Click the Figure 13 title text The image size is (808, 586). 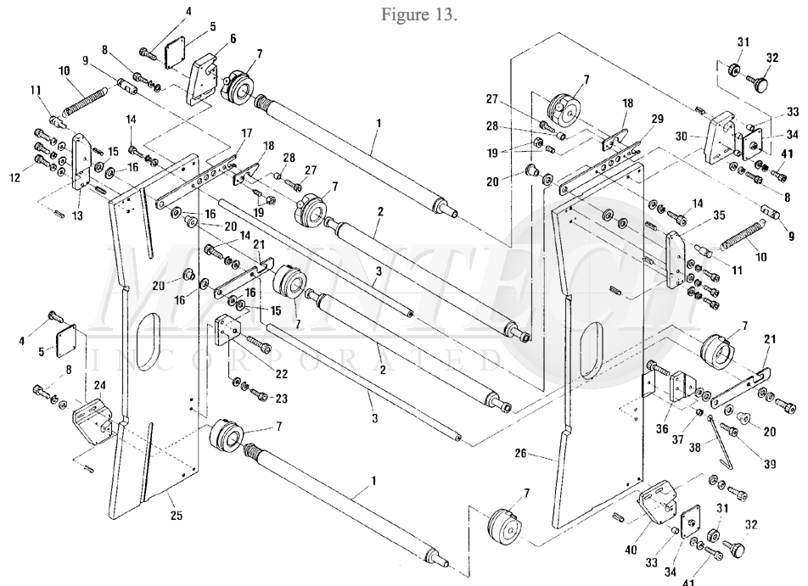tap(419, 14)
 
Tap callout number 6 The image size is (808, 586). tap(233, 39)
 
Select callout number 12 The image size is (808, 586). tap(14, 177)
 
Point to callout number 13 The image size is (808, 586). tap(77, 215)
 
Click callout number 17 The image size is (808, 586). tap(246, 133)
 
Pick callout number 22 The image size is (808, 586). tap(282, 374)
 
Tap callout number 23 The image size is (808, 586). tap(281, 399)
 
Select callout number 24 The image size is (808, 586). tap(99, 385)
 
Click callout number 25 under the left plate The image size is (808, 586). tap(177, 516)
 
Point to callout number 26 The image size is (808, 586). tap(521, 453)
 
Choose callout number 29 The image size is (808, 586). tap(657, 119)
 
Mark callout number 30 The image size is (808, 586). tap(682, 137)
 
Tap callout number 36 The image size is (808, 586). tap(662, 428)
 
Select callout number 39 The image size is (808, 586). tap(769, 464)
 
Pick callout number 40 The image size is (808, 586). tap(631, 550)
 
